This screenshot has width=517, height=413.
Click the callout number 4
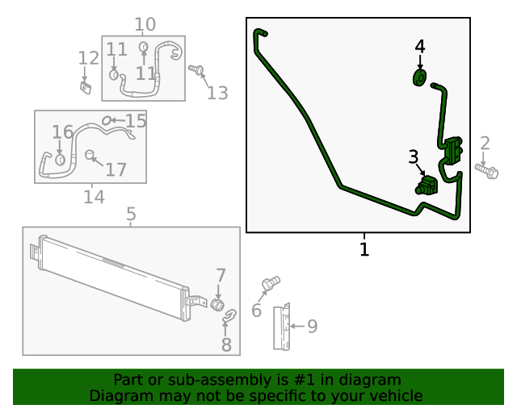click(x=420, y=47)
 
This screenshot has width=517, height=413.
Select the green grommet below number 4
click(x=419, y=77)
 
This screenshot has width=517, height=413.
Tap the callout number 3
click(x=413, y=156)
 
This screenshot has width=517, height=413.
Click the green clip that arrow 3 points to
click(x=426, y=185)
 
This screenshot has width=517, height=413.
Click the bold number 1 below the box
click(x=364, y=249)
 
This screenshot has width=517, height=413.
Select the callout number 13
click(x=217, y=93)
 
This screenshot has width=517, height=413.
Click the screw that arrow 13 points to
click(x=196, y=70)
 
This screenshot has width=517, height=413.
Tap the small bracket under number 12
click(x=86, y=88)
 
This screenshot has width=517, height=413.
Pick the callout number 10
click(x=145, y=24)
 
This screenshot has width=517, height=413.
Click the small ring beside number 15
click(x=106, y=120)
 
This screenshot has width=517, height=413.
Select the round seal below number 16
click(x=60, y=160)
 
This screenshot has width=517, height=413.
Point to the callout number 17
click(x=116, y=169)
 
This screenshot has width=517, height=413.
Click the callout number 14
click(x=95, y=197)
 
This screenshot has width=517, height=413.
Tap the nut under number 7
click(x=217, y=304)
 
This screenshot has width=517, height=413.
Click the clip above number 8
click(x=229, y=316)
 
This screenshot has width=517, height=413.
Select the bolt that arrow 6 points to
click(x=271, y=284)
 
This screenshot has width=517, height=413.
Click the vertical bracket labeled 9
click(x=282, y=327)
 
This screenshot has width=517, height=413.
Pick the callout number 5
click(x=131, y=214)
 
